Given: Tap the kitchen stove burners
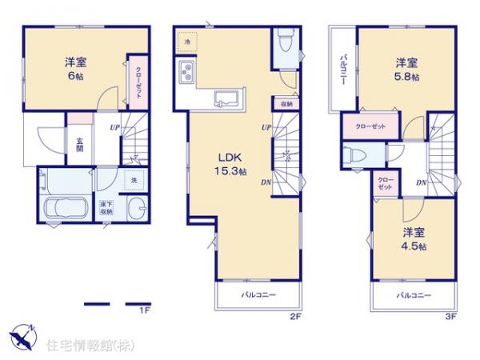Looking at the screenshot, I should tap(186, 74).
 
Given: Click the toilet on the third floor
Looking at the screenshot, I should tap(357, 155).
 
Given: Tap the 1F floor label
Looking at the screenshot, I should tap(145, 309).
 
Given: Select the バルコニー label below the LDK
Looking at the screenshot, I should tap(259, 296).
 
